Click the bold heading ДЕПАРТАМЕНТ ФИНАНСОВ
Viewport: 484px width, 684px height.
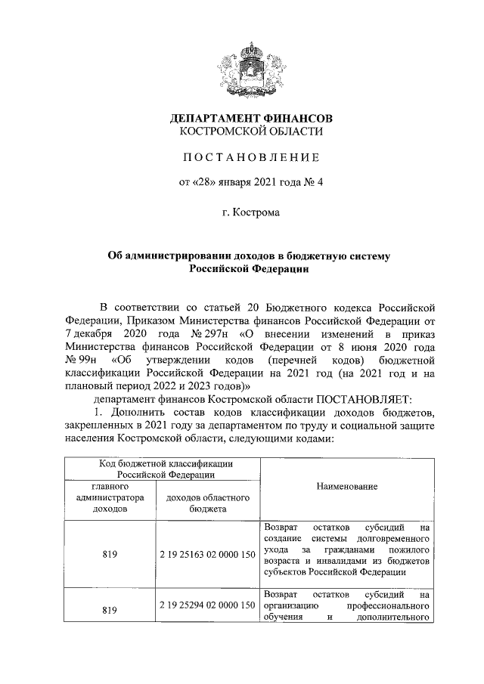click(x=250, y=119)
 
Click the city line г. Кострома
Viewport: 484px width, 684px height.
click(x=250, y=213)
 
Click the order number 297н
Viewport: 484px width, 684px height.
click(x=213, y=333)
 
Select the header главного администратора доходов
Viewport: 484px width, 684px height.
click(x=110, y=498)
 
